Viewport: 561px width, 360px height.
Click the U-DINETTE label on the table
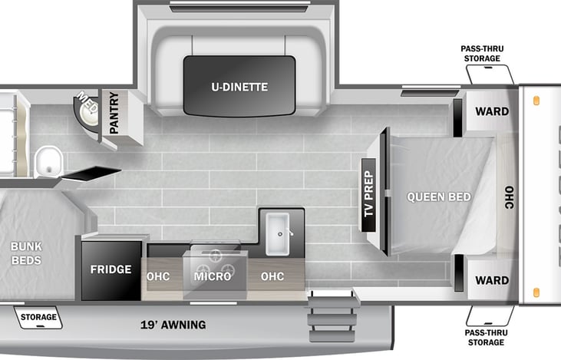click(x=239, y=87)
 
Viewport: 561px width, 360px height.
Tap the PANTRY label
click(x=114, y=113)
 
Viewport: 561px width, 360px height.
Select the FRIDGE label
click(x=111, y=270)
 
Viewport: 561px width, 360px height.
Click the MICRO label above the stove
click(x=213, y=276)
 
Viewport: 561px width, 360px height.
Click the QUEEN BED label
click(x=439, y=197)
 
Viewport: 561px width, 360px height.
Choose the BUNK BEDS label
click(x=26, y=253)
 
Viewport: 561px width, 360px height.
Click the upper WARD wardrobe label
click(x=491, y=112)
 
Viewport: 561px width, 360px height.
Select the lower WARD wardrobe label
click(x=491, y=281)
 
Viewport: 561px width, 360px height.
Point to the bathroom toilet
click(x=49, y=160)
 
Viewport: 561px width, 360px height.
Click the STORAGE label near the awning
click(x=38, y=317)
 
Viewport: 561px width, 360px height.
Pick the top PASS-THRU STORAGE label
click(x=481, y=53)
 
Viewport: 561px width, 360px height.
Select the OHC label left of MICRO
click(x=158, y=276)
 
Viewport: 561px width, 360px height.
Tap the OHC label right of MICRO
click(x=272, y=276)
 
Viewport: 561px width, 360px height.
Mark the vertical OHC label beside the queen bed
click(x=509, y=197)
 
